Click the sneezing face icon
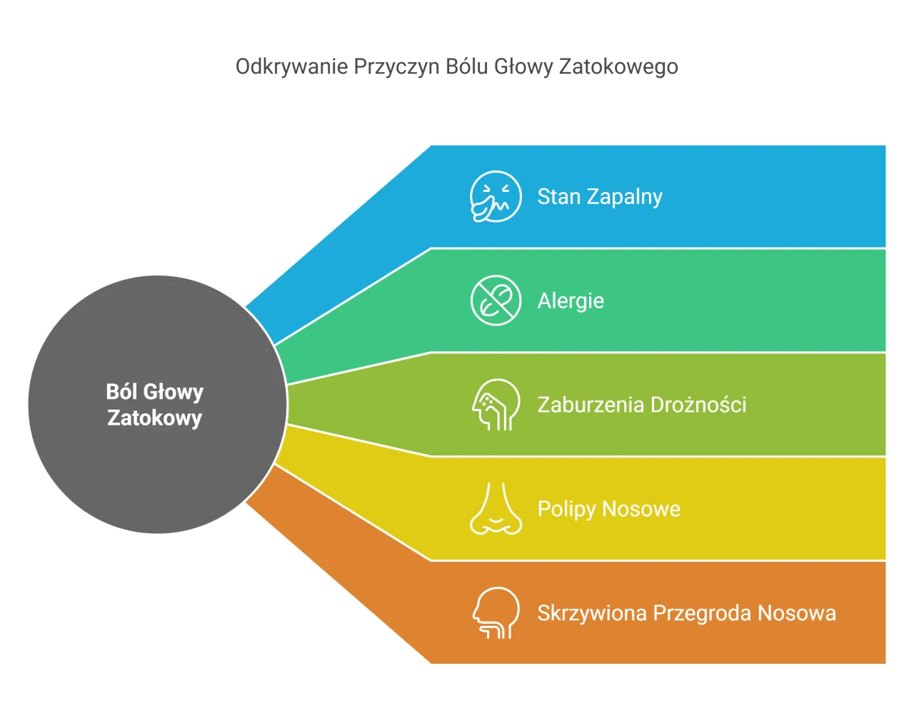tap(496, 196)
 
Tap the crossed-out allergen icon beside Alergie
tap(496, 300)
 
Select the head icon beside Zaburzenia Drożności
tap(496, 405)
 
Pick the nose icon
tap(496, 508)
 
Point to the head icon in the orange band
tap(496, 612)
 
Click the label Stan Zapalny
tap(600, 197)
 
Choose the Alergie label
tap(571, 301)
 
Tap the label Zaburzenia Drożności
tap(642, 405)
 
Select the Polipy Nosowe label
tap(609, 509)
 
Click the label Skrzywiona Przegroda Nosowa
tap(687, 613)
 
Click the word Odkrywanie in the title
tap(291, 67)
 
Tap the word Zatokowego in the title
tap(618, 67)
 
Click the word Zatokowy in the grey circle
tap(155, 418)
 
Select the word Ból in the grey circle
tap(121, 391)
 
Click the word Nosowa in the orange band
tap(797, 613)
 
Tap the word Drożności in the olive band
tap(698, 405)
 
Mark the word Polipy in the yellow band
tap(567, 510)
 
